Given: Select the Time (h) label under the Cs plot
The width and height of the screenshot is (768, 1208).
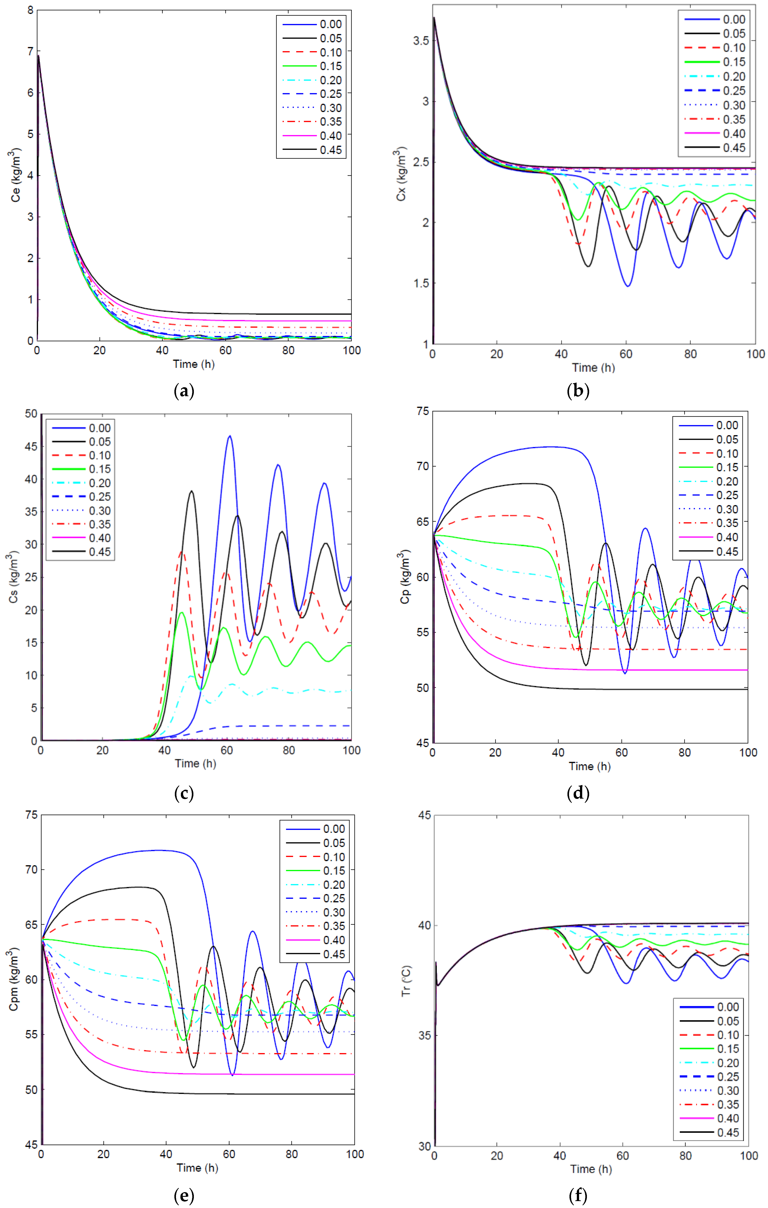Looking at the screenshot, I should pos(195,764).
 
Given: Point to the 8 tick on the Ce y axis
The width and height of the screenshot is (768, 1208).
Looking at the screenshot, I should pos(31,10).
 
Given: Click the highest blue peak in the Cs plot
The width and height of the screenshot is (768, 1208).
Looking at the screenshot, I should pos(230,436).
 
